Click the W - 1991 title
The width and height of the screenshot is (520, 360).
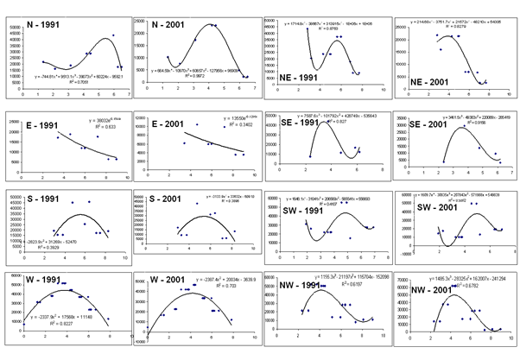pos(37,280)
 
